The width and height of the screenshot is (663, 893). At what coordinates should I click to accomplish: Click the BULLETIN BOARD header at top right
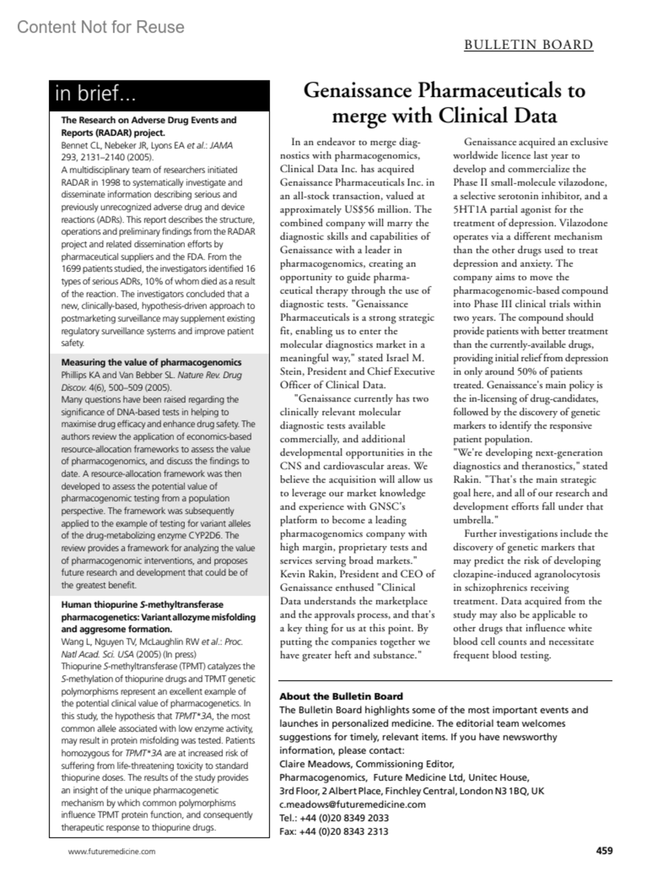click(528, 45)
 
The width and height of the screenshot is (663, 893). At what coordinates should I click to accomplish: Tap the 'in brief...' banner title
click(95, 94)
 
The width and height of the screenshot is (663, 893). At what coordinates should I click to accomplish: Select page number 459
click(604, 851)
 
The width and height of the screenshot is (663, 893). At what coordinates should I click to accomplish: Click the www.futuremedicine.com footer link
click(112, 852)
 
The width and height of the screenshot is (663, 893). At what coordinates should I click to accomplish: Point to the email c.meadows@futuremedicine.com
click(352, 805)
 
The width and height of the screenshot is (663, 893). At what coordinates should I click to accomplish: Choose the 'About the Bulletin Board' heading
click(341, 697)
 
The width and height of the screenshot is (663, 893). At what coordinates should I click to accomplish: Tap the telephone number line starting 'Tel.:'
click(334, 818)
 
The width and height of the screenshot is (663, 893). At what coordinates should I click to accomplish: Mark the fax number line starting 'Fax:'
click(334, 832)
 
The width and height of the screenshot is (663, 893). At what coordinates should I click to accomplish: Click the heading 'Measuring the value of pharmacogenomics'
click(151, 363)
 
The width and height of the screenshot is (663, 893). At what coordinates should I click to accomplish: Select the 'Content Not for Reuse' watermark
click(101, 27)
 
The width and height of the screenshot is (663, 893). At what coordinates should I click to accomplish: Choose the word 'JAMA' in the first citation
click(221, 145)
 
